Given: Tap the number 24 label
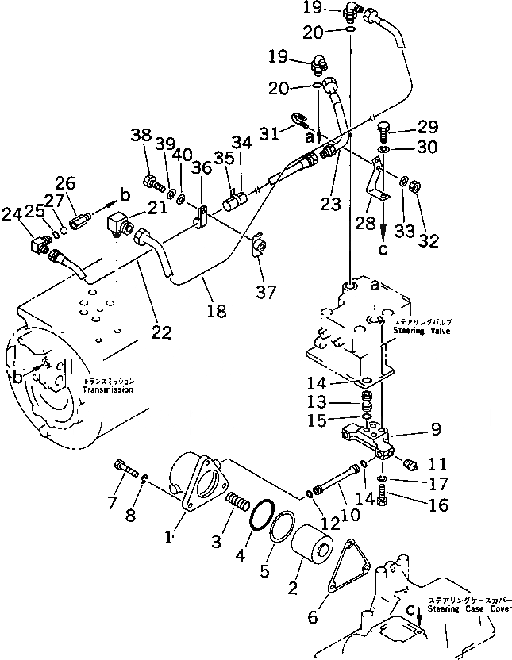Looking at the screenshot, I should click(x=12, y=213).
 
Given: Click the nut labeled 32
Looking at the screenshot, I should click(x=414, y=186).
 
